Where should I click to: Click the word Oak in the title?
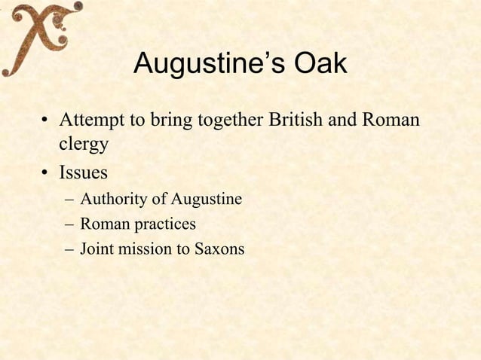click(320, 65)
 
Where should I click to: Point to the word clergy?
click(79, 143)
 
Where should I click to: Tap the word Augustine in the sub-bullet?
click(206, 200)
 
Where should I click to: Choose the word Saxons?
click(218, 249)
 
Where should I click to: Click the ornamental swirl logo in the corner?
click(39, 38)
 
